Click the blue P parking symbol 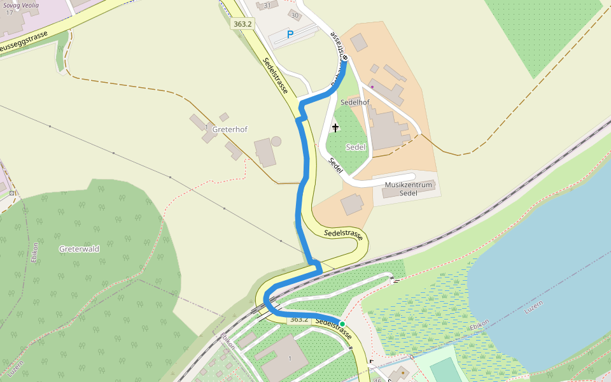click(290, 34)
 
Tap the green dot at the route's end click(342, 324)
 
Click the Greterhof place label click(229, 129)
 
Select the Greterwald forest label click(79, 249)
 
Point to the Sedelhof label click(355, 102)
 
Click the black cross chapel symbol click(335, 128)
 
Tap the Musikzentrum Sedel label click(409, 188)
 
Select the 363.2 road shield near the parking click(242, 24)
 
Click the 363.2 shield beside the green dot click(298, 319)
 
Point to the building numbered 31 click(267, 6)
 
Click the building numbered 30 click(294, 15)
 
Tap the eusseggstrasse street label click(24, 43)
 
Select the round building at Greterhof click(276, 141)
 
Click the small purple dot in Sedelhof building click(372, 87)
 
